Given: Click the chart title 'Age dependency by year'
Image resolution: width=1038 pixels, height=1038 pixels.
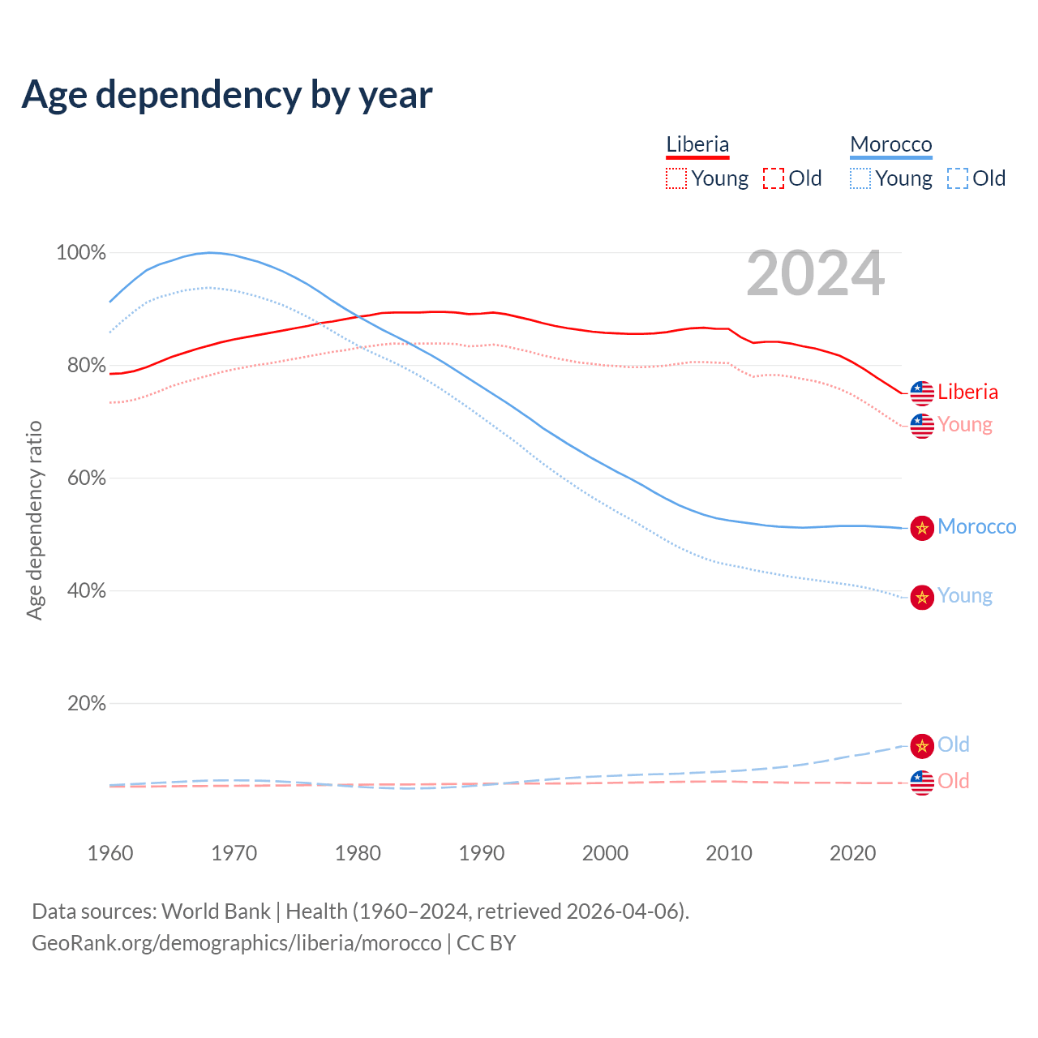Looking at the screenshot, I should [x=227, y=95].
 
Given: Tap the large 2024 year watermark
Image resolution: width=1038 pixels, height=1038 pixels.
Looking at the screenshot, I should [x=815, y=274].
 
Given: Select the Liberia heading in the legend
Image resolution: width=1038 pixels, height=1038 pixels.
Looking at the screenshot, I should [x=697, y=144].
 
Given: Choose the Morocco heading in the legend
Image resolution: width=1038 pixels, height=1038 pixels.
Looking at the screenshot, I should [x=890, y=144].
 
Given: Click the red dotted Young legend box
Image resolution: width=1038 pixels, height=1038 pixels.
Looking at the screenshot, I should [x=676, y=178].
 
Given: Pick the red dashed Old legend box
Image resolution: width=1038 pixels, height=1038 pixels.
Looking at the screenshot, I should [x=774, y=178].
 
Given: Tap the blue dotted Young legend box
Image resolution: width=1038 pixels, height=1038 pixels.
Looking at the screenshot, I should [x=860, y=178].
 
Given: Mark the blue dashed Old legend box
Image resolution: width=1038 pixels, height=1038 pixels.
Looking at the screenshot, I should [x=958, y=178].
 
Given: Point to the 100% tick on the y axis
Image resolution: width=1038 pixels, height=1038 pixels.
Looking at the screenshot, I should [x=81, y=253].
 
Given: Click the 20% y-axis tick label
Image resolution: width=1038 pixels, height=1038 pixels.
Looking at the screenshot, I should [x=86, y=704].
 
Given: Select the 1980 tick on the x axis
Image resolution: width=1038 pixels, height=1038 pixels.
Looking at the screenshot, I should [x=358, y=853].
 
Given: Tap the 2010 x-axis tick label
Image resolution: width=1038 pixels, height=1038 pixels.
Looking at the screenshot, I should [x=729, y=853].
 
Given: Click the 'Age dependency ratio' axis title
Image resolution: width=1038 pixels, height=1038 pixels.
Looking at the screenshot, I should [x=34, y=521].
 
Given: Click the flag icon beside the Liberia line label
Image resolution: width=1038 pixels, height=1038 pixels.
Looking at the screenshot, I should [x=922, y=393].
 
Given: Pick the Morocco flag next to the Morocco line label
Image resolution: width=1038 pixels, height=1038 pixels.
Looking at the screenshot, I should [x=922, y=528].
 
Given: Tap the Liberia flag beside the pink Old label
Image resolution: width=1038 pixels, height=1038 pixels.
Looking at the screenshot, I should [x=922, y=783].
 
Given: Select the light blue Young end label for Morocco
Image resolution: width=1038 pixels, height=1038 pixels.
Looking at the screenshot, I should [x=965, y=596].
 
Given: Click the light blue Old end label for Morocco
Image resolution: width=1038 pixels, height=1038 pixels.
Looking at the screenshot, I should [x=954, y=745].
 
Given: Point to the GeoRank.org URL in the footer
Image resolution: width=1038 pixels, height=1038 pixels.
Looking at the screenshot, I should [x=236, y=943].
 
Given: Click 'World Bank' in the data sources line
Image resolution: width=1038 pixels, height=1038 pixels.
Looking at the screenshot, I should [x=216, y=911].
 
